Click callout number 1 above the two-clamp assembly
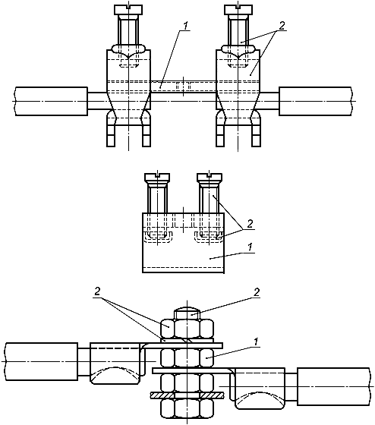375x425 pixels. [185, 26]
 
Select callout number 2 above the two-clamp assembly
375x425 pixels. [282, 26]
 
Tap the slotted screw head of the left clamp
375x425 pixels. [128, 9]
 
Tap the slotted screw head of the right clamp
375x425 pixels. [238, 9]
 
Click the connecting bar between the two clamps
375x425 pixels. [183, 87]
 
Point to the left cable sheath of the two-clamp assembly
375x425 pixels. [52, 102]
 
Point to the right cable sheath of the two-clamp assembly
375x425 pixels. [316, 102]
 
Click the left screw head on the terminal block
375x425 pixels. [157, 177]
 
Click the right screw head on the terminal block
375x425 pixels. [210, 177]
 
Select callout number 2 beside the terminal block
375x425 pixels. [250, 224]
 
